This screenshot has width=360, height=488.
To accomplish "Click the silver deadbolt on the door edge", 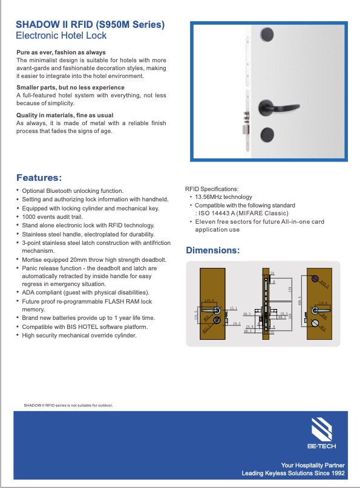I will pos(245,128).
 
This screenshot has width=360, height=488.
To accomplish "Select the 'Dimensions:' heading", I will pos(212,250).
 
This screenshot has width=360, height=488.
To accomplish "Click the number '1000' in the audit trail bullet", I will pos(30,216).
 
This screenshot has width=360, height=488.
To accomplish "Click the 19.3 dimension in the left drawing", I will pos(237,325).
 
